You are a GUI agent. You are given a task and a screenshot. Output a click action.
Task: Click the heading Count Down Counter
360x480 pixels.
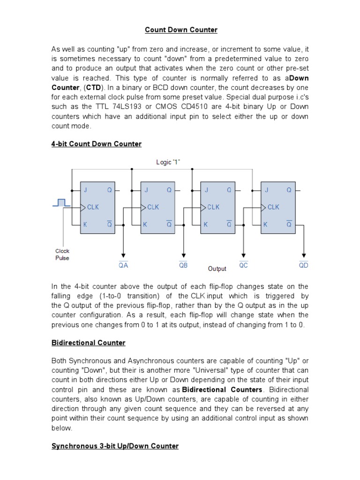point(181,30)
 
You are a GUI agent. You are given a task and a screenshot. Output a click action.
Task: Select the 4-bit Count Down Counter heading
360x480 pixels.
point(96,144)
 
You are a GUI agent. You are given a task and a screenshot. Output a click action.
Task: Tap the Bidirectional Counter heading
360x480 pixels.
point(88,343)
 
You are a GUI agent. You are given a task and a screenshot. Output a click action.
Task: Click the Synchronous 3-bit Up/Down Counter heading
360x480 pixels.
point(115,446)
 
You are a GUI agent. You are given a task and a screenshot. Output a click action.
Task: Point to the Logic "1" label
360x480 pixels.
point(168,162)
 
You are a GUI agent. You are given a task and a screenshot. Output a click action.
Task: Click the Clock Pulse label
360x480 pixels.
point(62,255)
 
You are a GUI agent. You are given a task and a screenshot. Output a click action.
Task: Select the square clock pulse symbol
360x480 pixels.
point(62,202)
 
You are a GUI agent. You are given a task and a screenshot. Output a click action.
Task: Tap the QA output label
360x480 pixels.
point(123,265)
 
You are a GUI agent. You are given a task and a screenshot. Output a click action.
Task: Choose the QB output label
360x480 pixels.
point(183,265)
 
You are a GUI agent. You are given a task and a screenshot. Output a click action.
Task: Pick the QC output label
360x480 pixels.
point(243,265)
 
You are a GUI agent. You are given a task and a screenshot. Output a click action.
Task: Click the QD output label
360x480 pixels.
point(304,265)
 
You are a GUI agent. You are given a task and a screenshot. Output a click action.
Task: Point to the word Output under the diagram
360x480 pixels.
point(217,269)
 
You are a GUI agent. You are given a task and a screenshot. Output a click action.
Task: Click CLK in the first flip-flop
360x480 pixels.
point(93,207)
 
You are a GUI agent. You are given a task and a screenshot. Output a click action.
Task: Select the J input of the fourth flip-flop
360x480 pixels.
point(266,190)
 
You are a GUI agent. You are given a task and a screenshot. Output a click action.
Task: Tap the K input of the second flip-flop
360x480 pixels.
point(145,225)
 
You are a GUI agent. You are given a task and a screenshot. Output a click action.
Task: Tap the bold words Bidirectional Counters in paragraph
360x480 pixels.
point(222,390)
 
